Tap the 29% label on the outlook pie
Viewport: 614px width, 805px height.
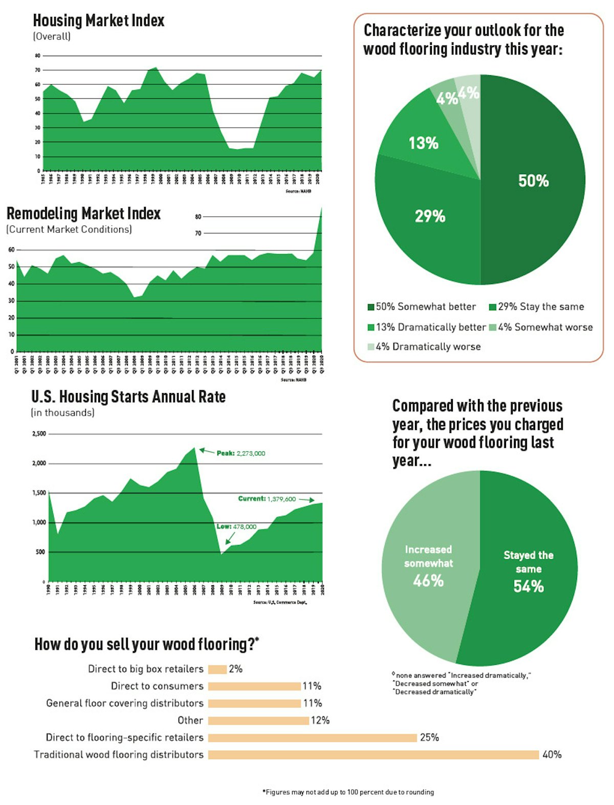[430, 216]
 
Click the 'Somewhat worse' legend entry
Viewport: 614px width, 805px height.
[545, 327]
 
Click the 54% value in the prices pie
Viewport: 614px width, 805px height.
[529, 586]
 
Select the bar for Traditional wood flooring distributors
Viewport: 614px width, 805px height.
[374, 754]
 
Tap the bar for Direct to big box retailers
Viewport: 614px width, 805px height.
[217, 669]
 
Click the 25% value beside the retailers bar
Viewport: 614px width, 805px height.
[429, 738]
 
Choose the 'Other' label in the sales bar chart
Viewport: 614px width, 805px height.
[190, 720]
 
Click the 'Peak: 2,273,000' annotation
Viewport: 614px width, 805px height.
[240, 453]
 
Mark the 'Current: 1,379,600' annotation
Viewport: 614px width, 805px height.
[267, 499]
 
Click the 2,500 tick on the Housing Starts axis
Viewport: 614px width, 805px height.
[39, 434]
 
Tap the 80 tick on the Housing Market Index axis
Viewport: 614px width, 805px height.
[38, 55]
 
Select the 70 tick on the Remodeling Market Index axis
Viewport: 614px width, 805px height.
[198, 233]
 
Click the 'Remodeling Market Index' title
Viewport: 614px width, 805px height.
[83, 213]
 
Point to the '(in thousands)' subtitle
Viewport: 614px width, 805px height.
[62, 412]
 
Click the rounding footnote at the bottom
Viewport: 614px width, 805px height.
[348, 792]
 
